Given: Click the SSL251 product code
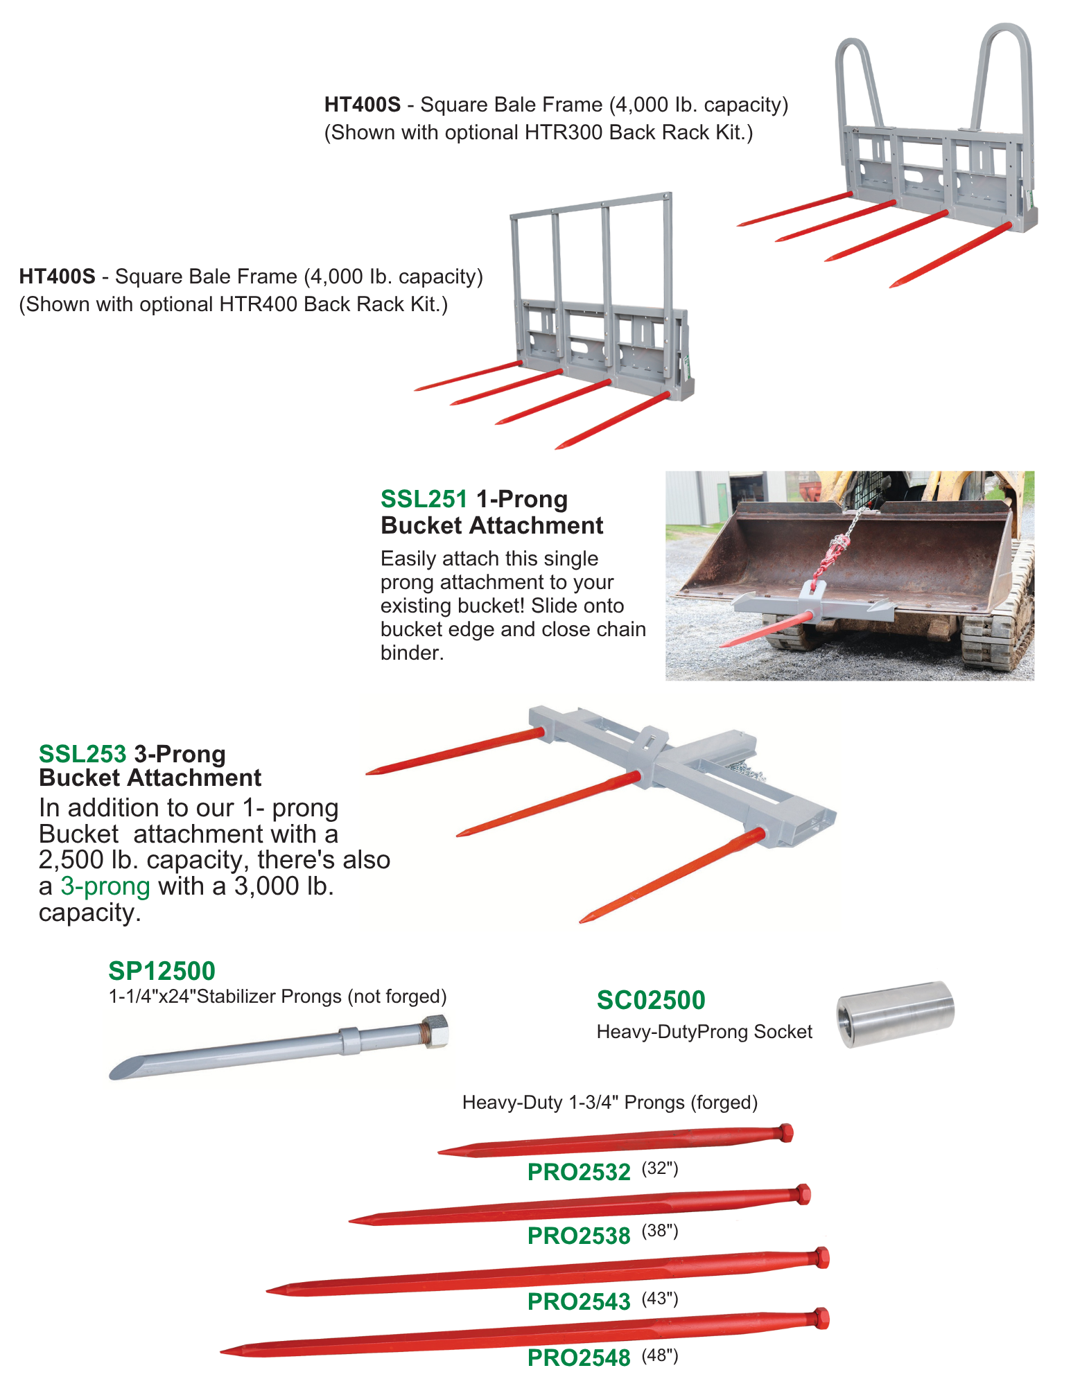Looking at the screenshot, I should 424,499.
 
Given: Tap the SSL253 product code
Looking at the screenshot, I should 82,753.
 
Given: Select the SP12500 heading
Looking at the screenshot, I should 162,970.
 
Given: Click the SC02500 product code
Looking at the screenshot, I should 650,1000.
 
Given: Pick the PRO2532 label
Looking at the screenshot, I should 579,1172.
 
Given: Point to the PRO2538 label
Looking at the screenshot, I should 579,1236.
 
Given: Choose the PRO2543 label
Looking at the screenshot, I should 579,1301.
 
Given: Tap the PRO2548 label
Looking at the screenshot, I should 579,1358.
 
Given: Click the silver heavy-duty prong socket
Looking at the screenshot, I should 895,1013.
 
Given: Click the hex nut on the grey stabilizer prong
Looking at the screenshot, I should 435,1030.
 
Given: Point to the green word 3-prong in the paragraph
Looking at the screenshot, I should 105,886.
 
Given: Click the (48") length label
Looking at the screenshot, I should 659,1355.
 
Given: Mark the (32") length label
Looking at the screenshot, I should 659,1168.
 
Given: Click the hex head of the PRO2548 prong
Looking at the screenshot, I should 821,1318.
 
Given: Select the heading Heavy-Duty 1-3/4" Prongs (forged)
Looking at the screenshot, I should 610,1102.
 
